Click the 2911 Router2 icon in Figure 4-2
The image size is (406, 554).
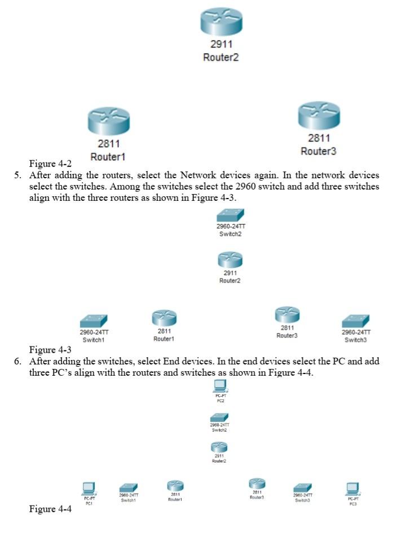[220, 21]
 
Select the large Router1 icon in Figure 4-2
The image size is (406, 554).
[108, 120]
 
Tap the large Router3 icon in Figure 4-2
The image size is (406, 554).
[319, 115]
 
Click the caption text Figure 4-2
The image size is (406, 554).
[50, 164]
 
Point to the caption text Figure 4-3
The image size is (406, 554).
[50, 350]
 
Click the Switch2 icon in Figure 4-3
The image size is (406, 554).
[231, 215]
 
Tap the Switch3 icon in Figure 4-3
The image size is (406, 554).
[356, 321]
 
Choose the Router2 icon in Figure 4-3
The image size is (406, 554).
[230, 260]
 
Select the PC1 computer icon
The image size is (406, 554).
[89, 487]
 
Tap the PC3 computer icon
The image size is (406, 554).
[352, 487]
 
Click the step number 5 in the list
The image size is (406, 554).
[17, 175]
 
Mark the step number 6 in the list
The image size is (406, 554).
[17, 361]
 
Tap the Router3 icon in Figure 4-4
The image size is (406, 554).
[257, 483]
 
